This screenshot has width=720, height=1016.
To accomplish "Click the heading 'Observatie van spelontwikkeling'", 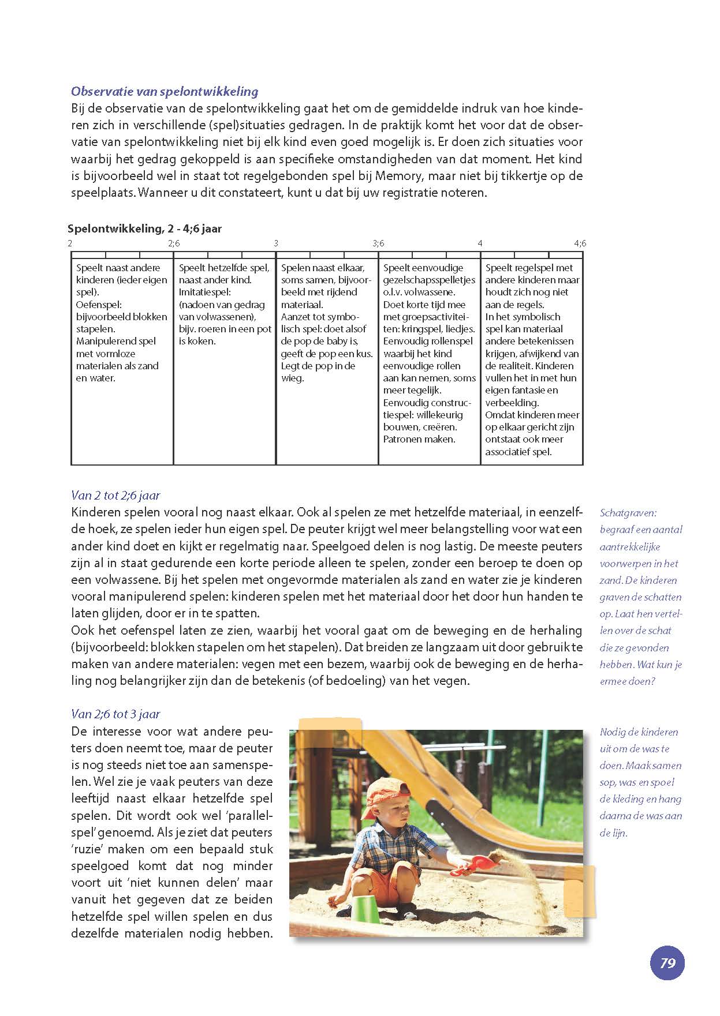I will click(165, 91).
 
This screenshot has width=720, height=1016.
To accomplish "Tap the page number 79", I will click(667, 963).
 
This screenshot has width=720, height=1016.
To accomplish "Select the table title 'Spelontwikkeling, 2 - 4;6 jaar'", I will click(145, 228).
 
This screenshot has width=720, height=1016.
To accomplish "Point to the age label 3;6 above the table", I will click(378, 243).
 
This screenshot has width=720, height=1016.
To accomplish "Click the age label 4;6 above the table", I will click(580, 243).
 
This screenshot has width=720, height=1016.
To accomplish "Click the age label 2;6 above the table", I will click(174, 243).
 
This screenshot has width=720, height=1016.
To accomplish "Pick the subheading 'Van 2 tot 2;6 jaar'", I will click(115, 495).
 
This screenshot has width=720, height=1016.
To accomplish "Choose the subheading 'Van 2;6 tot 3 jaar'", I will click(115, 714).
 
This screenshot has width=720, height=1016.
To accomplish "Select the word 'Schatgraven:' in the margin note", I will click(628, 513).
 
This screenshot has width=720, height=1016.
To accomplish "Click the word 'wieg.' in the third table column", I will click(293, 378).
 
